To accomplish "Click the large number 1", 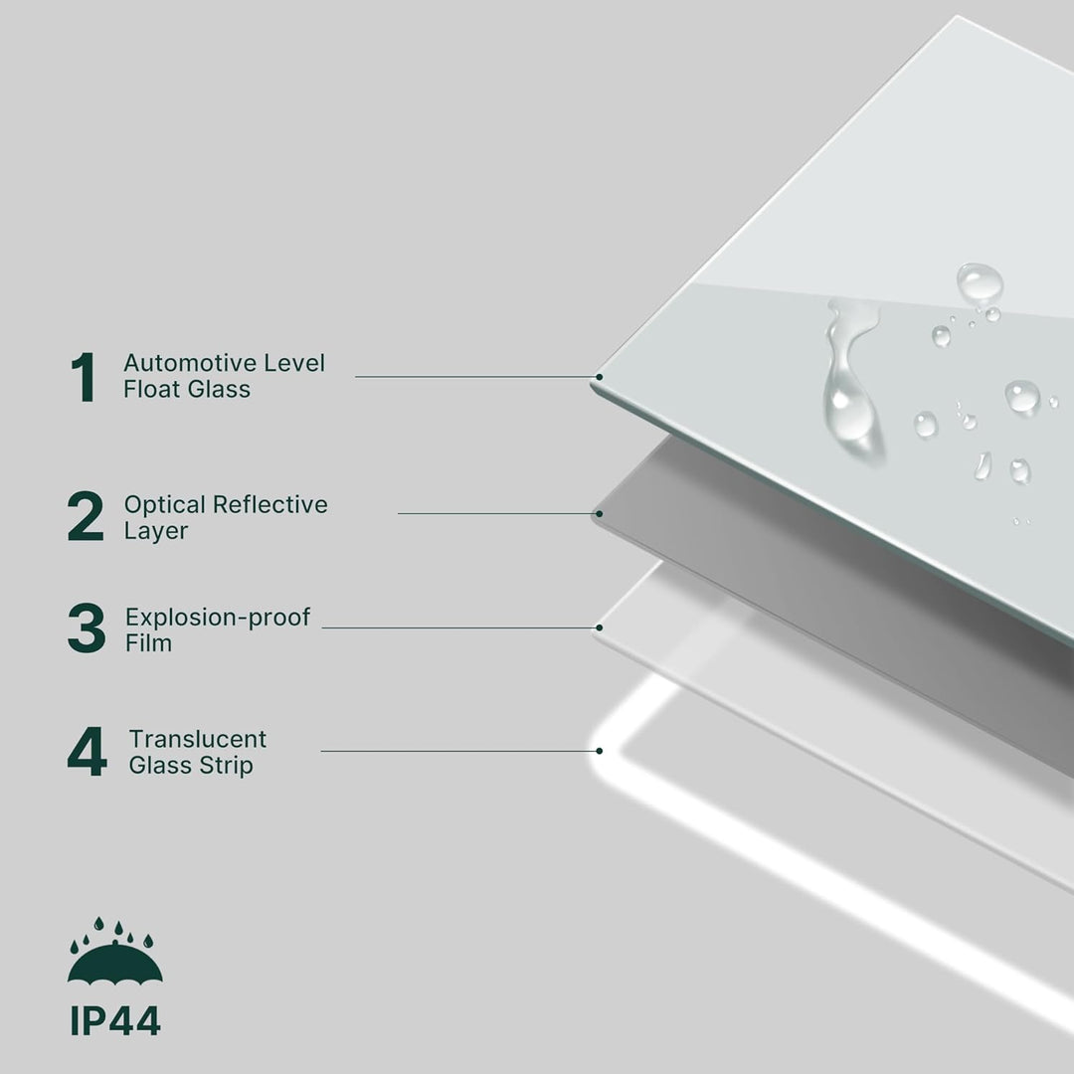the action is click(x=85, y=377).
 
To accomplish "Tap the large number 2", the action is click(x=86, y=516).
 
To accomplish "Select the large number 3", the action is click(x=87, y=627).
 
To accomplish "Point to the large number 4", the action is click(x=87, y=752).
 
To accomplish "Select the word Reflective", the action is click(x=269, y=504).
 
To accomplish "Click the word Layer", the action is click(x=155, y=531).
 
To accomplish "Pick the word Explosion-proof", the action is click(x=217, y=618).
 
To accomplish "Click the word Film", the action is click(x=148, y=643).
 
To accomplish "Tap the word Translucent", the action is click(x=197, y=739).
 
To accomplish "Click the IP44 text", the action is click(x=115, y=1021).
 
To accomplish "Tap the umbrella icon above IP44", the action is click(x=115, y=951).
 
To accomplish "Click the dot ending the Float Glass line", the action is click(x=600, y=377).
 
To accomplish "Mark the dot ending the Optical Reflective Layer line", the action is click(x=600, y=513).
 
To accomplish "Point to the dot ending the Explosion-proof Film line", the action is click(x=600, y=627).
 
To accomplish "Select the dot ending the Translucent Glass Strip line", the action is click(x=600, y=751).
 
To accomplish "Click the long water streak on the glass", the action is click(x=847, y=384).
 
